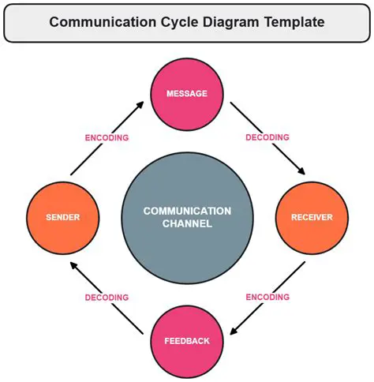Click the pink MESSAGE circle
click(x=187, y=94)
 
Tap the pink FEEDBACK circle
click(x=187, y=341)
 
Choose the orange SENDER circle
click(x=62, y=217)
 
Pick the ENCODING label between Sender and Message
click(x=107, y=137)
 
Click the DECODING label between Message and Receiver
click(x=267, y=137)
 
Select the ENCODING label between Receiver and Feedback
click(x=267, y=297)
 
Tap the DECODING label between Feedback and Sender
click(x=107, y=298)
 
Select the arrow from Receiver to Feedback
click(x=265, y=297)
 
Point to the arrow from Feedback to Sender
click(x=107, y=298)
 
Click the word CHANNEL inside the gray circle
click(x=187, y=224)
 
